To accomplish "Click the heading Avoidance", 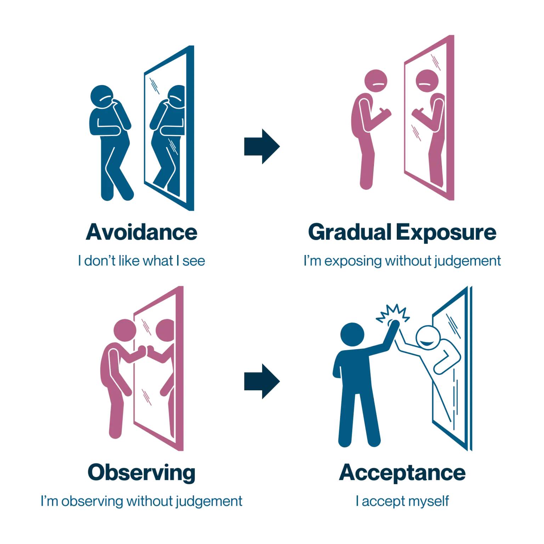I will (141, 233).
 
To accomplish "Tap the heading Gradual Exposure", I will (402, 233).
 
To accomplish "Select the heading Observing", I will (141, 472).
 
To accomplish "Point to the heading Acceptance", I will (402, 472).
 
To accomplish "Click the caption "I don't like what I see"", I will (141, 261).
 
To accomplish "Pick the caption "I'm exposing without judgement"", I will (402, 261).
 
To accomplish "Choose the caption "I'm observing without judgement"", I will (141, 501).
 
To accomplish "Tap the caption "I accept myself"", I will (402, 501).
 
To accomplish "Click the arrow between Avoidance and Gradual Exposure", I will (262, 146).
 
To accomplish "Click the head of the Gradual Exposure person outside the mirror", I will (376, 81).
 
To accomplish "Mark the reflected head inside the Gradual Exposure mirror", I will (427, 81).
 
